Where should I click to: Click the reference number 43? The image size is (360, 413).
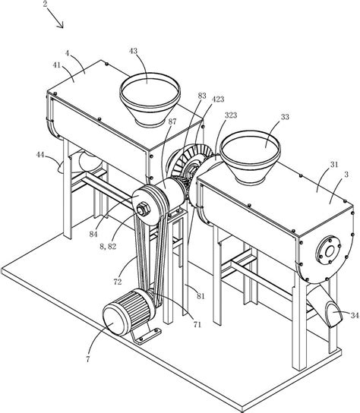pyautogui.click(x=134, y=51)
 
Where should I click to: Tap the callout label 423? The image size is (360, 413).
pyautogui.click(x=218, y=99)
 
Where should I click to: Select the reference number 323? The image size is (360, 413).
pyautogui.click(x=231, y=115)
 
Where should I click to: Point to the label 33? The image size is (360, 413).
pyautogui.click(x=285, y=117)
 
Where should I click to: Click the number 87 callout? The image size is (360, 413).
pyautogui.click(x=172, y=121)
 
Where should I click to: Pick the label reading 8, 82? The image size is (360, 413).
pyautogui.click(x=108, y=246)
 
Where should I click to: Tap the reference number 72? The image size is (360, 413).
pyautogui.click(x=118, y=282)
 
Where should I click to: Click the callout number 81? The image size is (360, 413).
pyautogui.click(x=201, y=296)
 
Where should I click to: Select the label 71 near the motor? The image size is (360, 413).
pyautogui.click(x=197, y=324)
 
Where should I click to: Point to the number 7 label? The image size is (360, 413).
pyautogui.click(x=88, y=359)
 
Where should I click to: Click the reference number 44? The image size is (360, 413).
pyautogui.click(x=40, y=155)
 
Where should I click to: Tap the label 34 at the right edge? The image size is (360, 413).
pyautogui.click(x=355, y=315)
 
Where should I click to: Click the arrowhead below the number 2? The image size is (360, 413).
pyautogui.click(x=61, y=25)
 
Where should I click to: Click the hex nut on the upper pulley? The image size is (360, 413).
pyautogui.click(x=143, y=209)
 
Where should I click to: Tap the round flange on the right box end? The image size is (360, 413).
pyautogui.click(x=328, y=251)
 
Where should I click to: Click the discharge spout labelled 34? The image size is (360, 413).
pyautogui.click(x=326, y=306)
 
